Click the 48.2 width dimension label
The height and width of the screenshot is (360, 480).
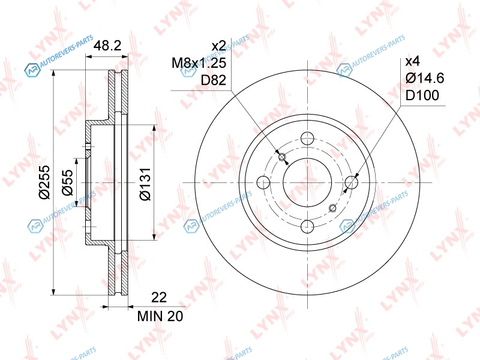[107, 46]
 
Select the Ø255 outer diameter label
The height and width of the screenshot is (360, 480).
[44, 182]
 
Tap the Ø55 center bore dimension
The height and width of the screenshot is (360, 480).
[67, 182]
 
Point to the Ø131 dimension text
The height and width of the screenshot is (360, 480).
[145, 184]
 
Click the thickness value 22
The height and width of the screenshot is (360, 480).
[159, 297]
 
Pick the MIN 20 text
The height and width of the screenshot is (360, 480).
[160, 316]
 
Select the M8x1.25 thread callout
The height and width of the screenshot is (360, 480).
[199, 63]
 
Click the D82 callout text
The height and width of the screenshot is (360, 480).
[214, 80]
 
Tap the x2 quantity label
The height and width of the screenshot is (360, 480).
[219, 46]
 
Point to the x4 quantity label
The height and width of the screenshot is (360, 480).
[413, 62]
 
